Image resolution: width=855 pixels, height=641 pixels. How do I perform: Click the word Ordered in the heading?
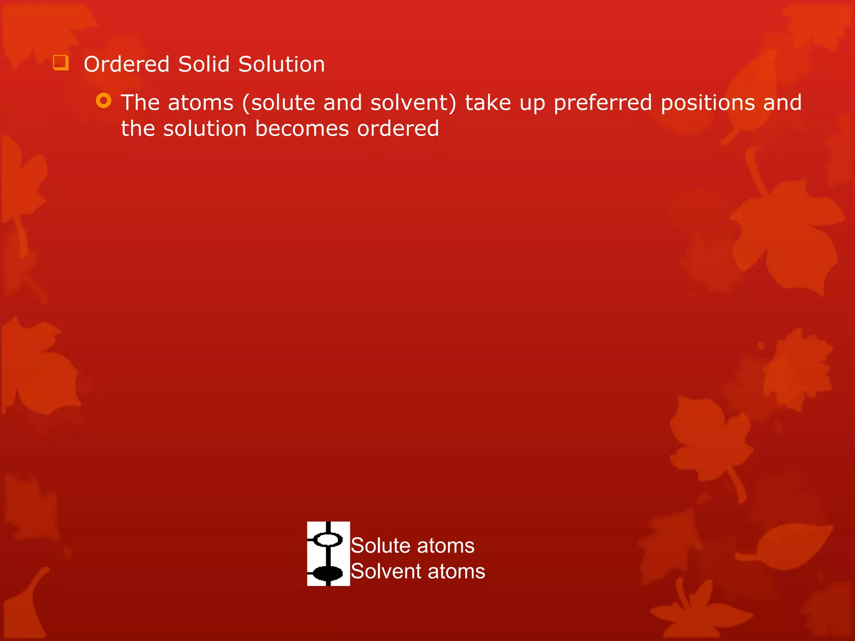(126, 65)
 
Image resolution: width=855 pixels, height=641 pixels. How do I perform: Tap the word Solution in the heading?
(281, 65)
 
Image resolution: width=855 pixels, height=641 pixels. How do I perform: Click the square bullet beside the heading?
(61, 63)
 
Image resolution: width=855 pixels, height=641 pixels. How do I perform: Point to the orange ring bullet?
(104, 101)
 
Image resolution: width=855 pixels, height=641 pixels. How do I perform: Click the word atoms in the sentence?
(200, 103)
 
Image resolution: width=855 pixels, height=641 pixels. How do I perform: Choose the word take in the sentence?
(488, 103)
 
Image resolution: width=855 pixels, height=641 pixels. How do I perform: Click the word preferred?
(602, 103)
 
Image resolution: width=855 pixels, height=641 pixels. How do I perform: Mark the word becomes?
(302, 129)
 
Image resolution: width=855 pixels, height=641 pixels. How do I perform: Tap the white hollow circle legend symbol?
(328, 539)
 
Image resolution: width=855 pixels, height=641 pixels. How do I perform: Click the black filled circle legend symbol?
(328, 573)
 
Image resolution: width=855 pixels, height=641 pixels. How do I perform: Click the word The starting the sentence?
(140, 103)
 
